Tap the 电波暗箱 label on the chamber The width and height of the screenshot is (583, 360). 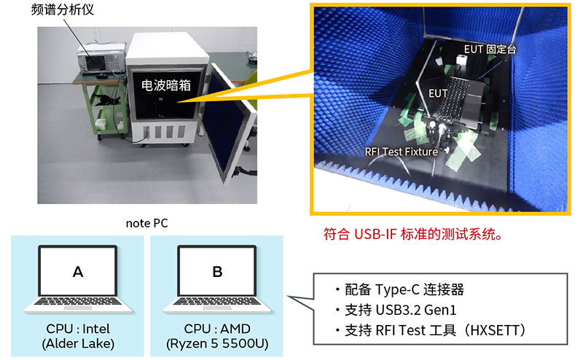pyautogui.click(x=165, y=86)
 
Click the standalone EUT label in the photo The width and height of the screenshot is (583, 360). pyautogui.click(x=438, y=94)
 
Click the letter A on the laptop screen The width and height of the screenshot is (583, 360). pyautogui.click(x=78, y=272)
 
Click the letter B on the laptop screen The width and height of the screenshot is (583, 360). pyautogui.click(x=217, y=272)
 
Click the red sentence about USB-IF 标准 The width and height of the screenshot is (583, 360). pyautogui.click(x=412, y=235)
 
